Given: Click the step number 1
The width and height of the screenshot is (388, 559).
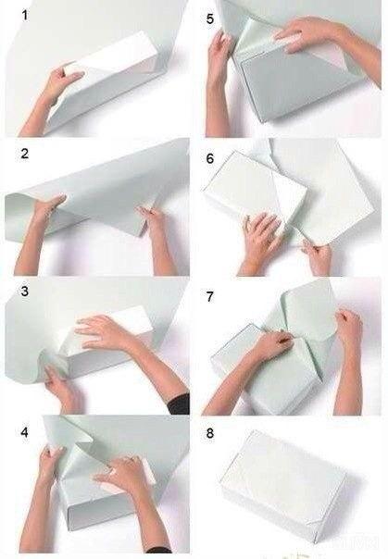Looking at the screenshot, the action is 25,16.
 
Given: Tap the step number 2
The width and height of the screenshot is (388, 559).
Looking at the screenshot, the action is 25,154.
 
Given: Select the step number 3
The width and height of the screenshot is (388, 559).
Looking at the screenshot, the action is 24,292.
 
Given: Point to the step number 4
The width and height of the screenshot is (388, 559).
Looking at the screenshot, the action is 24,432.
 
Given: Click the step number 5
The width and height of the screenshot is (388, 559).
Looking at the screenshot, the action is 210,19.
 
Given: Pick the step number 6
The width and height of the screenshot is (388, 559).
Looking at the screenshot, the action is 210,158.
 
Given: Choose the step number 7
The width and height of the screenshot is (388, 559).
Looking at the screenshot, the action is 210,296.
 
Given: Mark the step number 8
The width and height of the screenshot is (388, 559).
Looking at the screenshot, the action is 210,433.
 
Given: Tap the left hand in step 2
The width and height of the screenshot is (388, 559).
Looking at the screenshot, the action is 46,210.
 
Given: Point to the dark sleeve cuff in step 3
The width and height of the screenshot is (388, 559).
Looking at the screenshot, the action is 179,404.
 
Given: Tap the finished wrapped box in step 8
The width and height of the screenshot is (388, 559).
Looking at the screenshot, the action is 283,487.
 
